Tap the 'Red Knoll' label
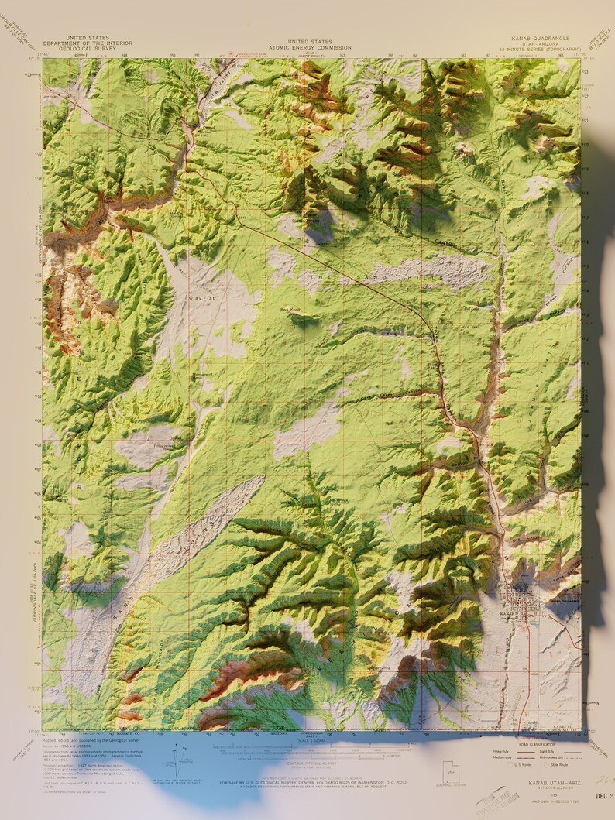[x=290, y=311]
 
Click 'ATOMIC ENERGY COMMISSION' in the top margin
[x=309, y=47]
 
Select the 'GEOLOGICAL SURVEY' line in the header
[x=87, y=49]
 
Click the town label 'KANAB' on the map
[x=508, y=613]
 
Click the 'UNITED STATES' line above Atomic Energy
[x=309, y=41]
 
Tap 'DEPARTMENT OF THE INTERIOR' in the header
[x=87, y=43]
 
